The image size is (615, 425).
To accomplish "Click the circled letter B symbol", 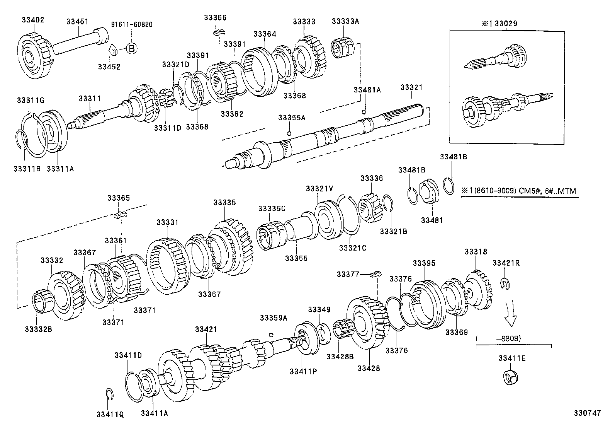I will click(x=131, y=48).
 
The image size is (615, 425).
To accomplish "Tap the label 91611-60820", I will click(x=132, y=24).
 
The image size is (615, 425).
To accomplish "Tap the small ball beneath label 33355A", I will click(x=289, y=133).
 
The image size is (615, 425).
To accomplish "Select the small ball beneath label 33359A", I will click(x=272, y=335).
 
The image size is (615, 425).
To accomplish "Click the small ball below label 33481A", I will click(x=364, y=112).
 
